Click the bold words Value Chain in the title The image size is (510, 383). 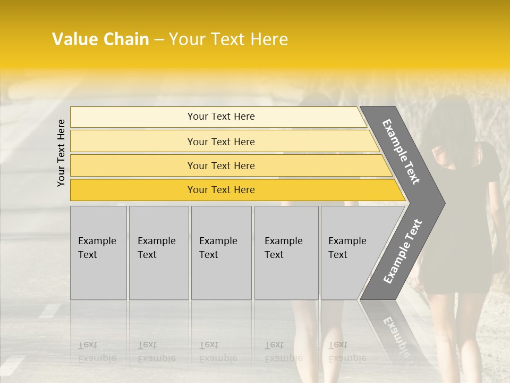(100, 39)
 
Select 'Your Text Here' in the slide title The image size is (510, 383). (228, 39)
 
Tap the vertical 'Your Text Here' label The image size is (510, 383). (62, 153)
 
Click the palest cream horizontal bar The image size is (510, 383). (220, 116)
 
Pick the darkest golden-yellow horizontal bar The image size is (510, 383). (220, 190)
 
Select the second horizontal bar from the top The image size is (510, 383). (220, 141)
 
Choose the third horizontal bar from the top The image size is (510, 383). (220, 165)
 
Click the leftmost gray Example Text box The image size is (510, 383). (98, 253)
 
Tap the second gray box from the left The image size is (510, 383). (158, 253)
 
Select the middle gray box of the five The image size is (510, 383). (221, 253)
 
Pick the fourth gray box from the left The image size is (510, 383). (286, 253)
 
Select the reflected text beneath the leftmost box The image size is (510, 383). (97, 352)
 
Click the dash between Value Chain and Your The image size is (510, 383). (159, 40)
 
